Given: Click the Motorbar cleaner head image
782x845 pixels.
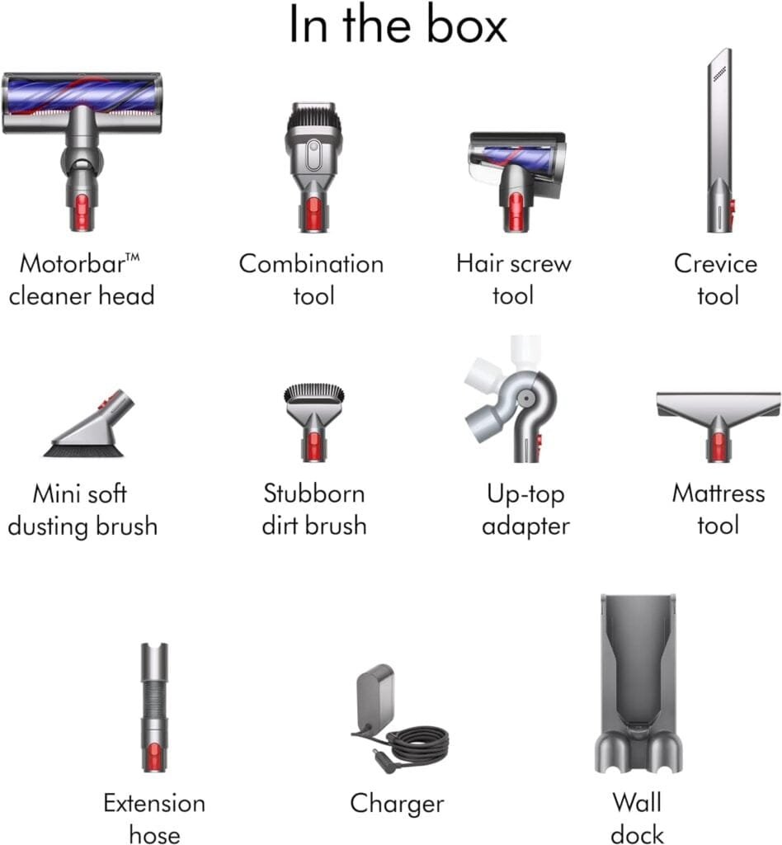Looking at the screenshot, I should tap(82, 124).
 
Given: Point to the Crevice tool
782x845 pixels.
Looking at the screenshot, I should tap(718, 140).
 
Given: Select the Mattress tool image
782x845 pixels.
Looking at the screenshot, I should tap(718, 417).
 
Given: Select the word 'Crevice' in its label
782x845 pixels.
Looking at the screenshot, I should tap(715, 264).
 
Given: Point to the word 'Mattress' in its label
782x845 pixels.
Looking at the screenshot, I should tap(718, 493).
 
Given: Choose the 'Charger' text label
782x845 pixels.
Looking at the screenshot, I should tap(397, 803).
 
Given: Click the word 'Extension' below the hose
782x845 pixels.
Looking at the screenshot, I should tap(154, 803).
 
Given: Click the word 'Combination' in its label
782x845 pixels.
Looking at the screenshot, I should tap(311, 264).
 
